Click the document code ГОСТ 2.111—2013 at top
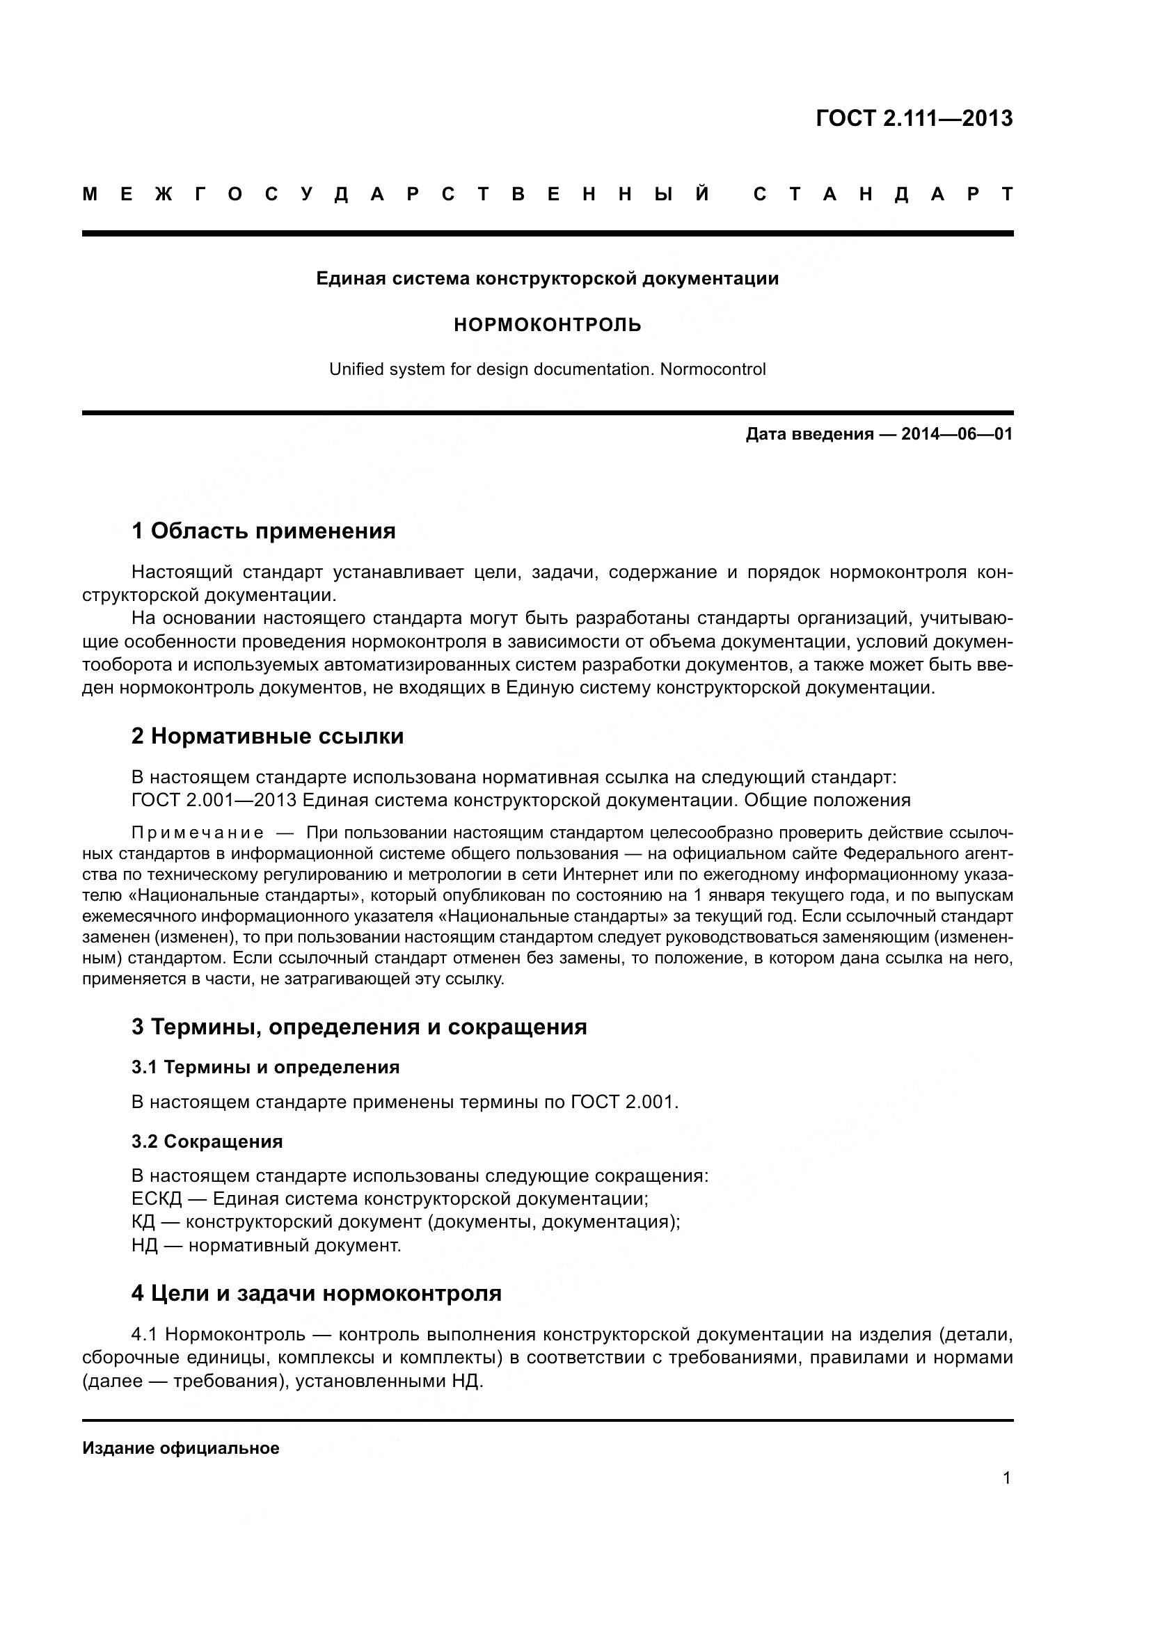point(914,118)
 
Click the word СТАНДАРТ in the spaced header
point(883,194)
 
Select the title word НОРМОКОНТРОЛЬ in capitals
point(547,326)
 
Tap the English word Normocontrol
point(713,369)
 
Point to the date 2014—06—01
point(957,434)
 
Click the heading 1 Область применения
point(263,530)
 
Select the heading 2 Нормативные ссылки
point(267,736)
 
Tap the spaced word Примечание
point(198,833)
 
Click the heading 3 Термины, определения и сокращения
point(358,1026)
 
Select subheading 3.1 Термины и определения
point(265,1067)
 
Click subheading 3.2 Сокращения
point(206,1141)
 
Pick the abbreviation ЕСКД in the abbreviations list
point(157,1199)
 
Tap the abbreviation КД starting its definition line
point(143,1221)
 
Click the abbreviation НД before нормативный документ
point(144,1245)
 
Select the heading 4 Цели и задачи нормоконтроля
point(316,1293)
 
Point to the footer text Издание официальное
point(181,1448)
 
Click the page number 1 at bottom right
point(1006,1479)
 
